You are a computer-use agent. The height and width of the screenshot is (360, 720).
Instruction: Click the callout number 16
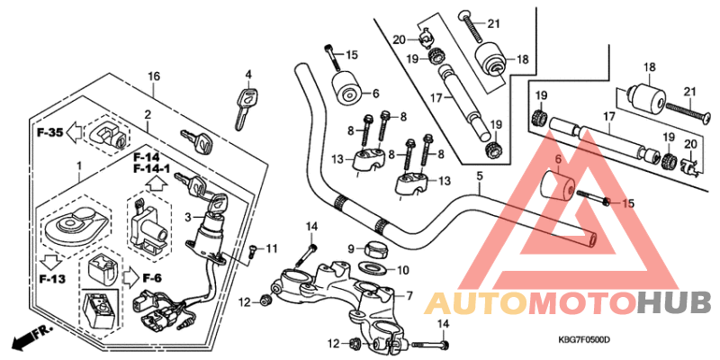pos(154,76)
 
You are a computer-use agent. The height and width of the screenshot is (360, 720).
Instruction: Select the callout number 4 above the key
pos(248,74)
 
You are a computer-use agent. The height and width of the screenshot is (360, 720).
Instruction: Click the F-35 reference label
pos(50,132)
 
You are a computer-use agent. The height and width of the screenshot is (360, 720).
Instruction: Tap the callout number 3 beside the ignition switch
pos(188,217)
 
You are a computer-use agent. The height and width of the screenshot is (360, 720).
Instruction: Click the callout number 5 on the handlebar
pos(480,176)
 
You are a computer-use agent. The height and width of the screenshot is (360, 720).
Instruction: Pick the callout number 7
pos(409,295)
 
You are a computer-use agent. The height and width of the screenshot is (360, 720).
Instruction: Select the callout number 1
pos(78,166)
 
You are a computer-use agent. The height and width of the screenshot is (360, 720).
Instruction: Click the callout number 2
pos(146,114)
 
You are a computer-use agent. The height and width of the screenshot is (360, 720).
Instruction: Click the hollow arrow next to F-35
pos(76,132)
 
